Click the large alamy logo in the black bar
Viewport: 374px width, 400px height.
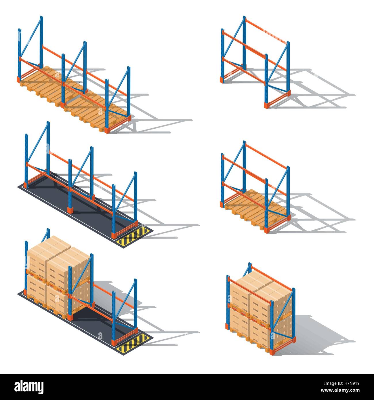pyautogui.click(x=29, y=386)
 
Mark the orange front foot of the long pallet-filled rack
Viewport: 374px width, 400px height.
pyautogui.click(x=107, y=130)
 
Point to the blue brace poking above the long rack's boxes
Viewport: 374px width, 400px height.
pyautogui.click(x=46, y=235)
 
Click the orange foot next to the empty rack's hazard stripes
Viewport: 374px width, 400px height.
pyautogui.click(x=115, y=235)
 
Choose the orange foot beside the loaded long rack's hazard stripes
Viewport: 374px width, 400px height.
pyautogui.click(x=115, y=342)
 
